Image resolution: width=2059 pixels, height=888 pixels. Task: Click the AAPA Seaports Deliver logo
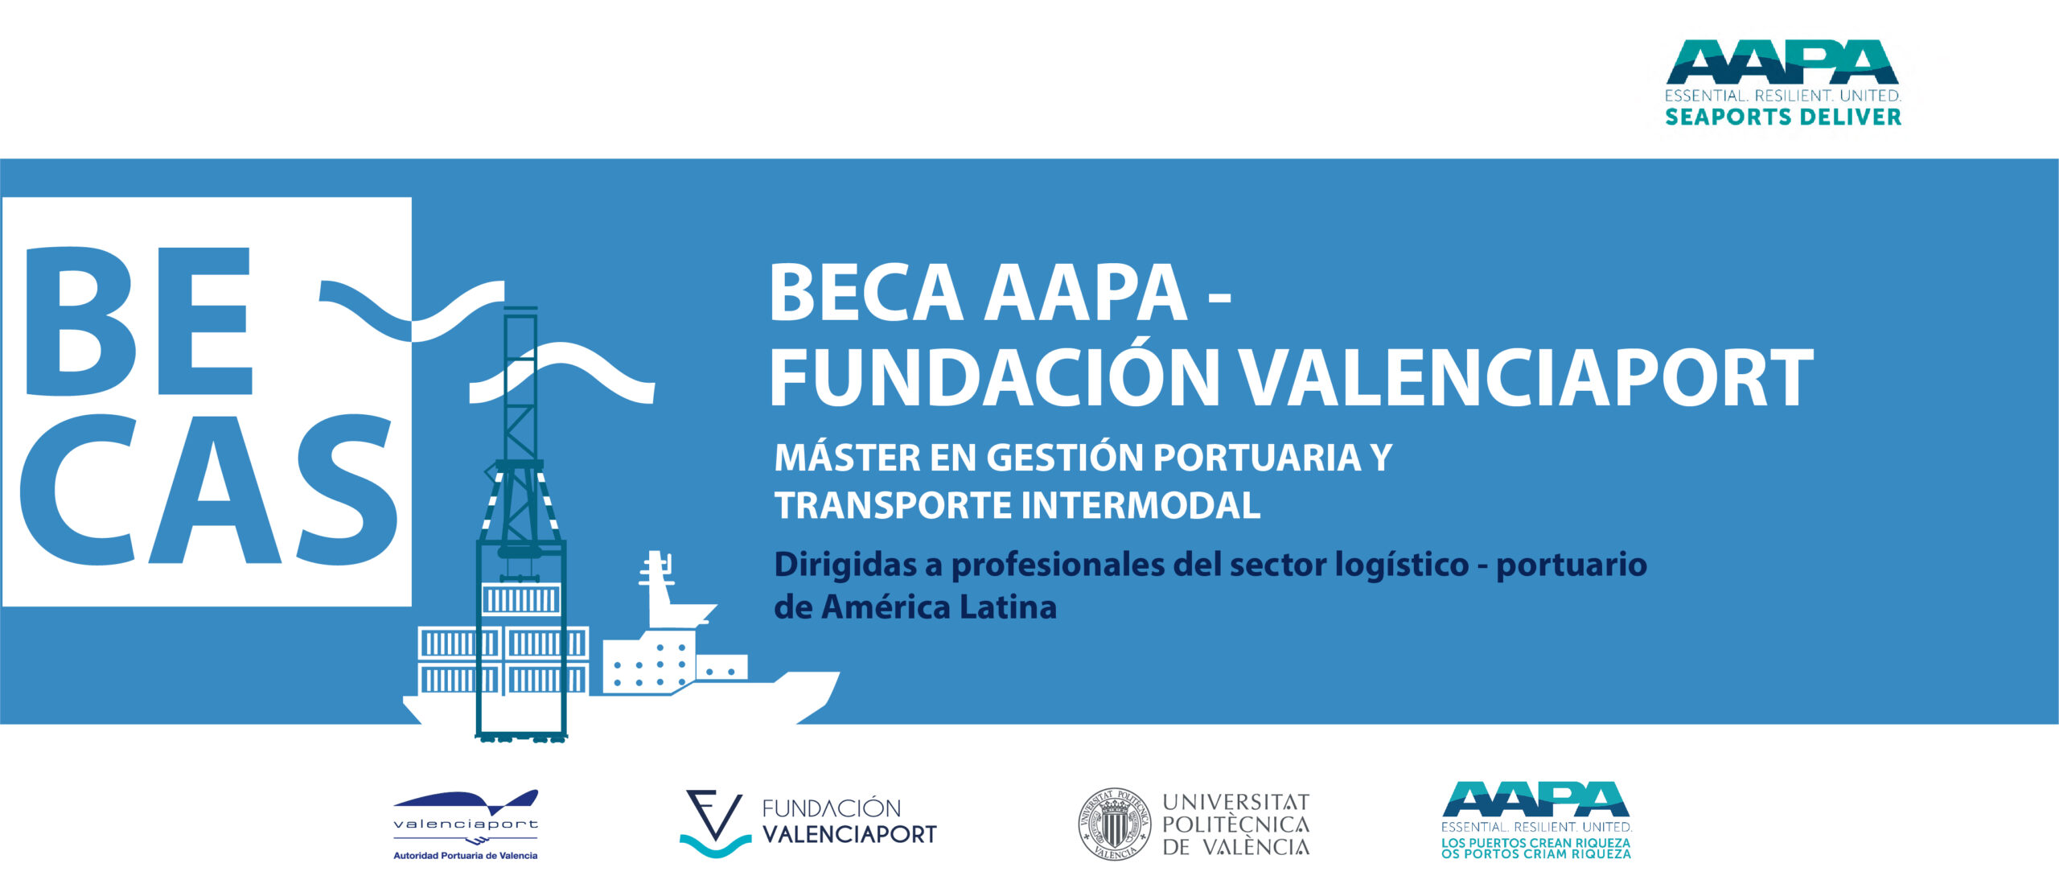1782,83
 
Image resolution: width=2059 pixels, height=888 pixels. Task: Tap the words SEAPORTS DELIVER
1782,117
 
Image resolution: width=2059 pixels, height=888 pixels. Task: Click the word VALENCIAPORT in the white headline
1525,378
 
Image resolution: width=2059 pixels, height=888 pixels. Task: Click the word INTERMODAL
1140,506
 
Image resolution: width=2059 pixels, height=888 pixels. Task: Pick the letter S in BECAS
347,490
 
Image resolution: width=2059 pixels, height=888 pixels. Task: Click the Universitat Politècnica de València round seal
1114,824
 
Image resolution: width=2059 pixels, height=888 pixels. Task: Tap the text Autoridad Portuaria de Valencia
465,855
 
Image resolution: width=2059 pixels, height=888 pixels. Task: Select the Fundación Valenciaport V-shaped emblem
715,824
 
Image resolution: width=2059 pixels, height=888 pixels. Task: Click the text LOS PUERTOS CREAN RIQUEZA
1535,842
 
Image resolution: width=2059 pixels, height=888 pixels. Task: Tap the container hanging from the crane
520,599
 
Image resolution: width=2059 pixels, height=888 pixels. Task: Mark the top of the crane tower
520,310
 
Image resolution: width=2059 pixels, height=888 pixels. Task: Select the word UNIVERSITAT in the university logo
1236,802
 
